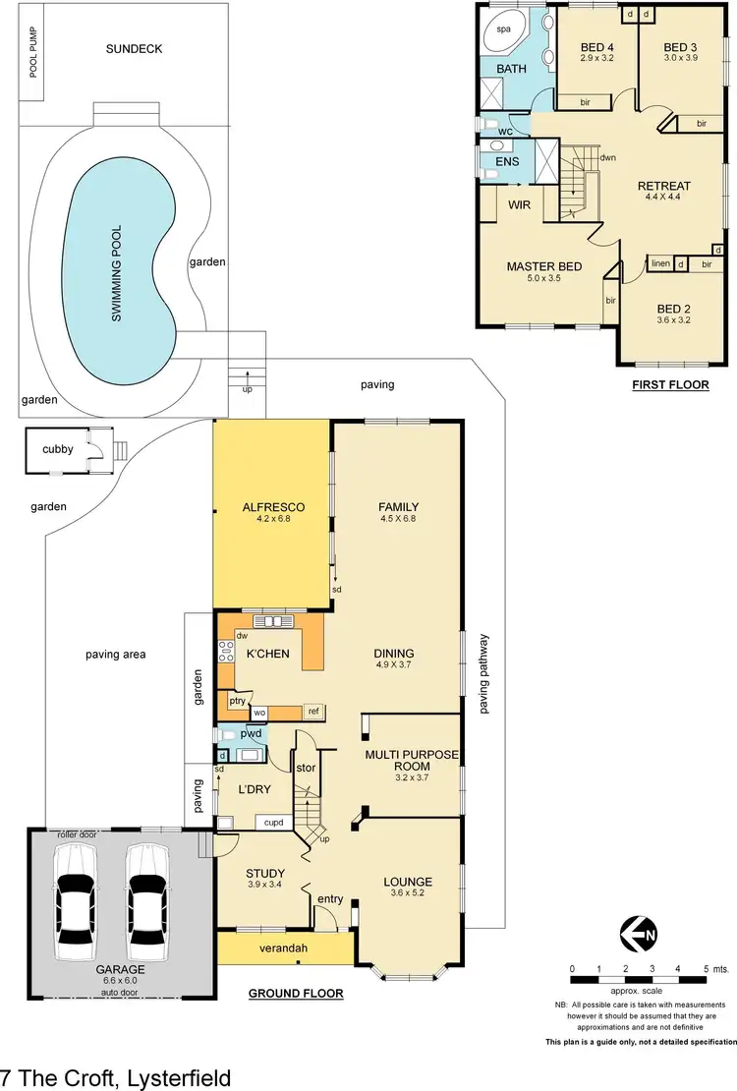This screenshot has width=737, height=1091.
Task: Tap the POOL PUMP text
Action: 33,52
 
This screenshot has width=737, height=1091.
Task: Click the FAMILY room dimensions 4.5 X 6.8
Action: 398,519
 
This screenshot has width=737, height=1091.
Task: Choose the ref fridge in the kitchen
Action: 314,711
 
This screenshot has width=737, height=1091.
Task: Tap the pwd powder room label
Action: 251,733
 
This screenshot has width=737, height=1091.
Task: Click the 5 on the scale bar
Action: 705,969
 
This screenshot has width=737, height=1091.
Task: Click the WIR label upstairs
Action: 519,204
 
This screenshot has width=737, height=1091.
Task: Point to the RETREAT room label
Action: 663,186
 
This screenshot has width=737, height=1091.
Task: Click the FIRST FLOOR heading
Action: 670,385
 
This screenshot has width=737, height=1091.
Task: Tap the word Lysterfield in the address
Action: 177,1077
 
